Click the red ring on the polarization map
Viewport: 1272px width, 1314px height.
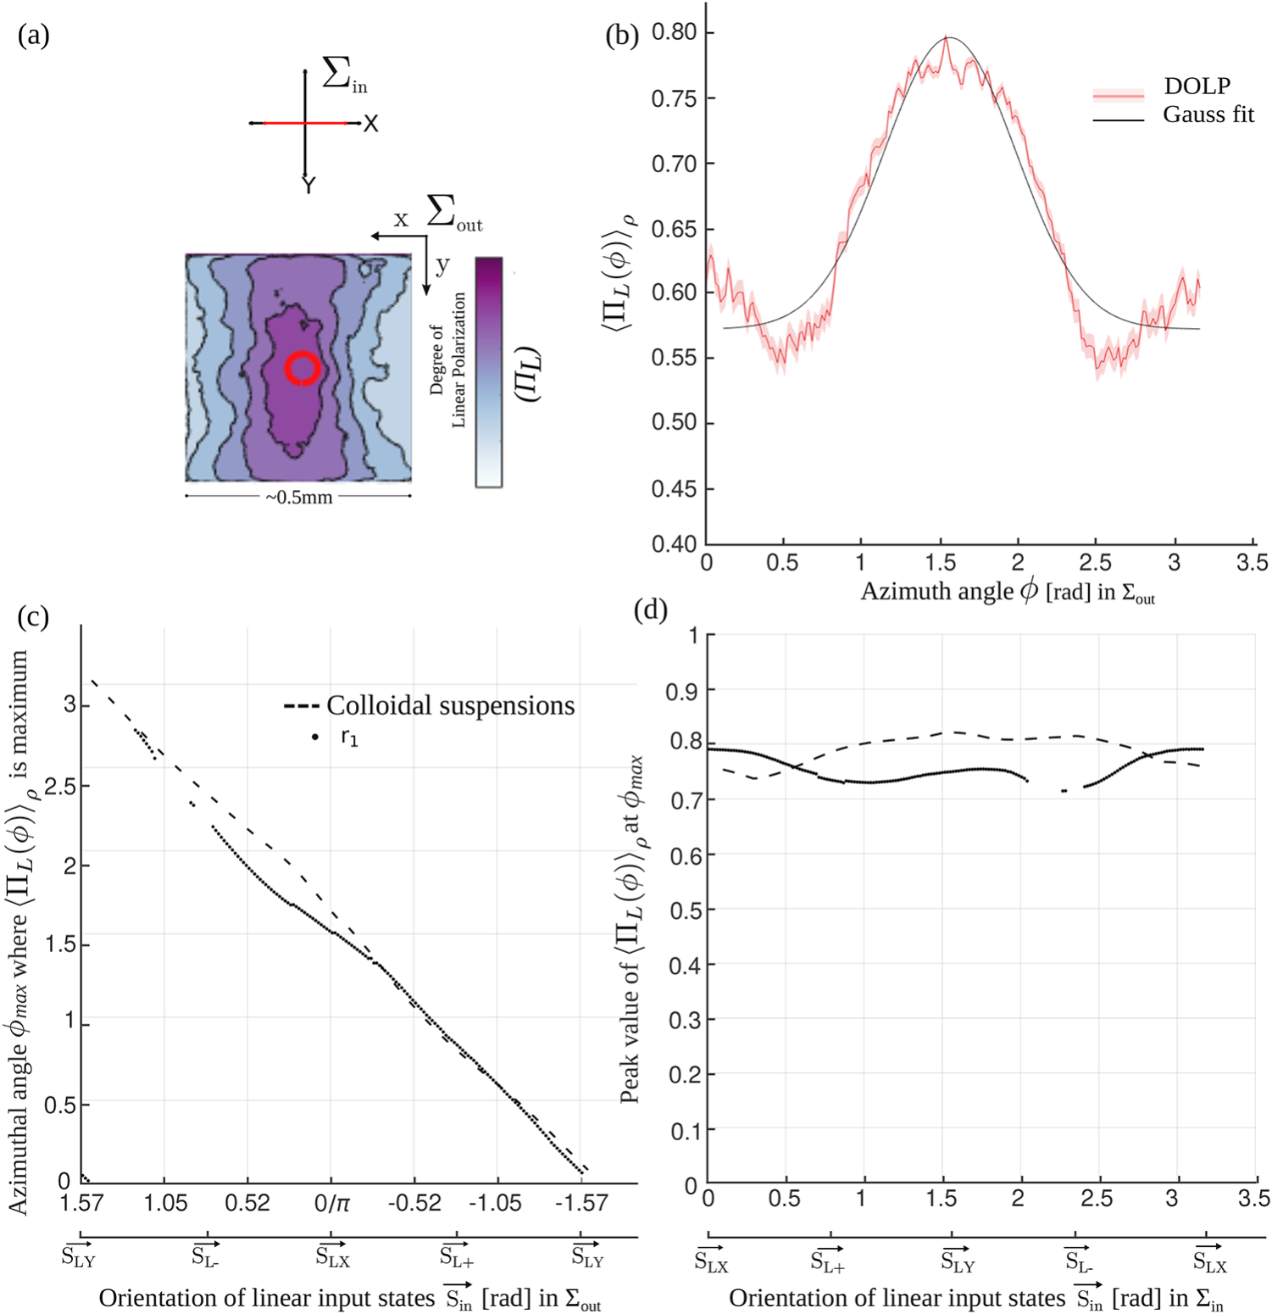[x=302, y=369]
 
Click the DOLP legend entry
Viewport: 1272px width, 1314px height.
[x=1196, y=86]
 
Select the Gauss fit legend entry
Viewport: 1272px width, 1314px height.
[x=1207, y=114]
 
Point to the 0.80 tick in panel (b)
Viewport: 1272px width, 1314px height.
[x=673, y=32]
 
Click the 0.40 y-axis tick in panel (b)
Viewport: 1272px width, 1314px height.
[x=673, y=543]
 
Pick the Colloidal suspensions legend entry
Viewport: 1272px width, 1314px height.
[x=449, y=705]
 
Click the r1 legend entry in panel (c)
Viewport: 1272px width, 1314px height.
[x=349, y=738]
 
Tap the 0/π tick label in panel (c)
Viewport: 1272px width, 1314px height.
[x=331, y=1203]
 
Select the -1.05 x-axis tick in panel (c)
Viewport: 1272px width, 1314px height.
[x=496, y=1203]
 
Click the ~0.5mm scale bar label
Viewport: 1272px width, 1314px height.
[x=298, y=498]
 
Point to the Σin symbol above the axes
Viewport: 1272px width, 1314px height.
[x=344, y=75]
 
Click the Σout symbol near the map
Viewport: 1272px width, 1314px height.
[x=453, y=213]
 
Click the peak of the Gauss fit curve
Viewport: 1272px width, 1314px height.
[x=948, y=37]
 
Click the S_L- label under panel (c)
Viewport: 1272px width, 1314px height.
[x=205, y=1256]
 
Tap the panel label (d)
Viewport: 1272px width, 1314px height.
[x=650, y=610]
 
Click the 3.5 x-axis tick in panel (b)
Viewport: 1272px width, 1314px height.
[x=1252, y=563]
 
